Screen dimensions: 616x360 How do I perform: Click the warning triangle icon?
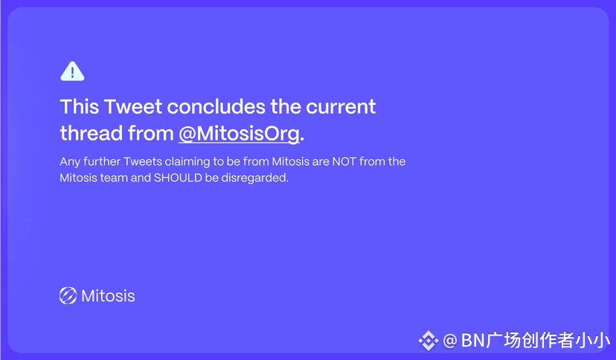pos(72,71)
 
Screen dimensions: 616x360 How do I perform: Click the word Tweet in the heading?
pos(133,106)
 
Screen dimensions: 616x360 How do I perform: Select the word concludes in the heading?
pos(216,106)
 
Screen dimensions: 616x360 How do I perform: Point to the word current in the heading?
pos(341,107)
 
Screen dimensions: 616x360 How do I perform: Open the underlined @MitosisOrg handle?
pos(240,133)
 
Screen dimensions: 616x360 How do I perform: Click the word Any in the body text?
pos(69,161)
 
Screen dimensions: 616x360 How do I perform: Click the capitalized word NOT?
pos(344,161)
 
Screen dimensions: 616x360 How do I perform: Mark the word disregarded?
pos(255,178)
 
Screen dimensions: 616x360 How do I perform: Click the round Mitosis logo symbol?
pos(68,295)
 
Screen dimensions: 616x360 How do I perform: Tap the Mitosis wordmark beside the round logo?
pos(108,296)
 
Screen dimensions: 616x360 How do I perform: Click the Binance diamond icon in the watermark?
pos(429,341)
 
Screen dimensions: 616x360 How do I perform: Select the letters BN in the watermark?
pos(473,340)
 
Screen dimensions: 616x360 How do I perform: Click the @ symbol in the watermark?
pos(450,341)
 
